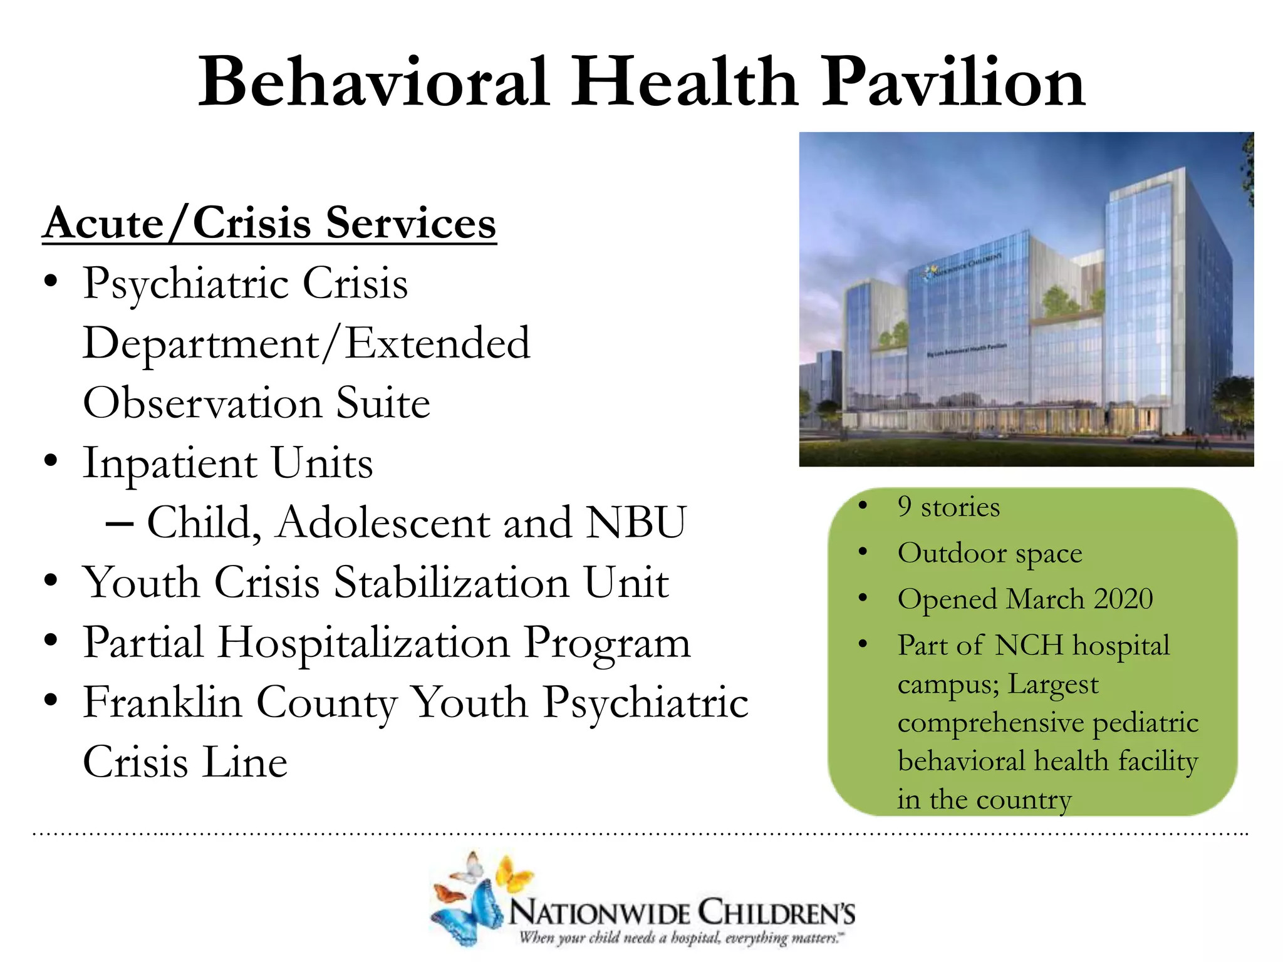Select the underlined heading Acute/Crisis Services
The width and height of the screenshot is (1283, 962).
(x=269, y=224)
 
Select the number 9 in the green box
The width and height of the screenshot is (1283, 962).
(x=904, y=507)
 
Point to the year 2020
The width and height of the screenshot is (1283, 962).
(x=1123, y=599)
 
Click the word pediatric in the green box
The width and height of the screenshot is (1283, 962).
(x=1145, y=723)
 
